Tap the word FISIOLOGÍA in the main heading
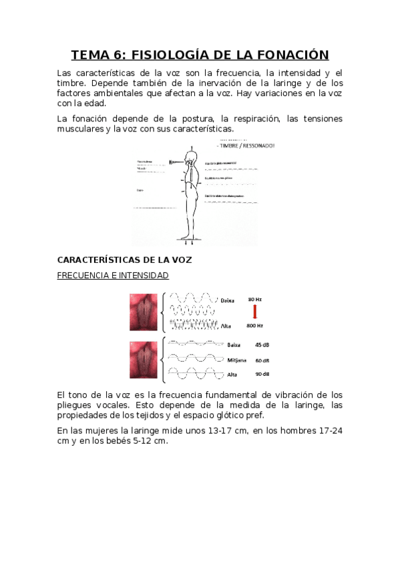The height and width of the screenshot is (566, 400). point(172,55)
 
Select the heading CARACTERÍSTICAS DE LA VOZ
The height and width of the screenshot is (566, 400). point(124,260)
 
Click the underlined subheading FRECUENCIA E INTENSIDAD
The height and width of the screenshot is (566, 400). point(113,275)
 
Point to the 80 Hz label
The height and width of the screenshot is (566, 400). point(255,299)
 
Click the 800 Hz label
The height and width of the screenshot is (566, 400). point(254,326)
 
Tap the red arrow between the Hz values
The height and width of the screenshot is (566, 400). point(254,312)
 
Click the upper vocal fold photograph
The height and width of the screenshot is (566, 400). point(144,312)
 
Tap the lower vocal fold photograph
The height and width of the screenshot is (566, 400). point(144,360)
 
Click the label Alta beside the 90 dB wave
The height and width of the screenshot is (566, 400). point(232,374)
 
